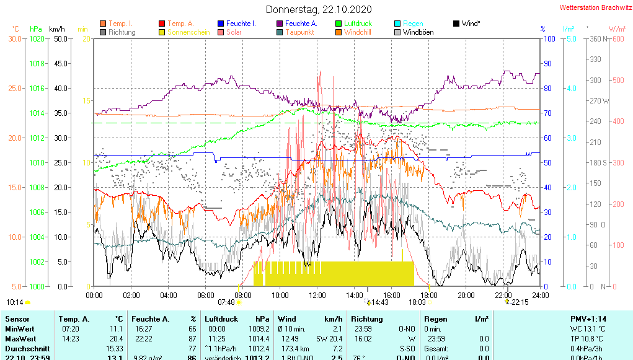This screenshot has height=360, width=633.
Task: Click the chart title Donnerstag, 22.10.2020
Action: coord(319,9)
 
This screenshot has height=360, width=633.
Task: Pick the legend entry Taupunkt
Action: coord(299,32)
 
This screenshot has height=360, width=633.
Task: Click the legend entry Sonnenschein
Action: coord(188,32)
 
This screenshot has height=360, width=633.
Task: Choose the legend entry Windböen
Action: coord(418,32)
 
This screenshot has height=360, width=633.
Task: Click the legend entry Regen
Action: coord(413,24)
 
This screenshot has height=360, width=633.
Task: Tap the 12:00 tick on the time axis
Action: coord(317,296)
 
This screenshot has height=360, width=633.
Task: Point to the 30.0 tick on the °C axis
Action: coord(15,39)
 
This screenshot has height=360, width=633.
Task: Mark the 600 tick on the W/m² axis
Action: coord(618,39)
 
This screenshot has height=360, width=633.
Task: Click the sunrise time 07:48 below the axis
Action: coord(226,302)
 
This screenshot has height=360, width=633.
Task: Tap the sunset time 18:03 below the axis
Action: coord(417,302)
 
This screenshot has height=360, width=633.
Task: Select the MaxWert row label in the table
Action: coord(20,339)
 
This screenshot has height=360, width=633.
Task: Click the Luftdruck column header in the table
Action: coord(221,319)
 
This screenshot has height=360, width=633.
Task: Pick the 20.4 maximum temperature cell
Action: coord(116,339)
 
